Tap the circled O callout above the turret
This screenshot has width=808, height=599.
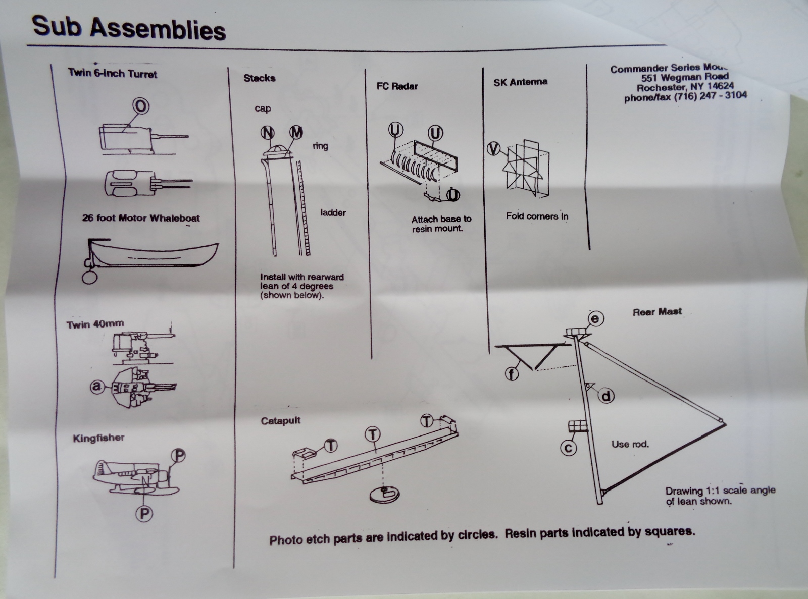pos(141,106)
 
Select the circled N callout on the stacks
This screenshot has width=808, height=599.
pos(268,132)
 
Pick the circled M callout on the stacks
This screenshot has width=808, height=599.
pos(296,132)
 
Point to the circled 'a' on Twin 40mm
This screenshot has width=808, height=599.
pos(96,387)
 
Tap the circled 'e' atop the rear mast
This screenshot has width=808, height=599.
pos(595,318)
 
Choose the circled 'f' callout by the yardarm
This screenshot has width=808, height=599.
pos(512,374)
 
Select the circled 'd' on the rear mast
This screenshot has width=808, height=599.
pos(606,396)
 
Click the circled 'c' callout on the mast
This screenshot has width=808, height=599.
pos(569,448)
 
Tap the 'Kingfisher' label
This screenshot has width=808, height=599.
pos(98,438)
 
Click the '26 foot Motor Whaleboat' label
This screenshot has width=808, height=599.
pos(141,218)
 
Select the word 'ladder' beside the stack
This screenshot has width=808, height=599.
pos(333,212)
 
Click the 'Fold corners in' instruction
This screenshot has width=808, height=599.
pos(537,216)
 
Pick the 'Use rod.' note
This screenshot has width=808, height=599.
pos(630,444)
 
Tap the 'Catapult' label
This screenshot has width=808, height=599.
pos(281,420)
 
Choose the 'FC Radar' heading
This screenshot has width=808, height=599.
pos(397,86)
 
